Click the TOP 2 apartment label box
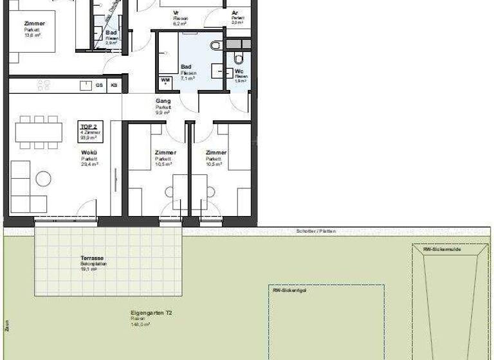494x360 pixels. click(88, 130)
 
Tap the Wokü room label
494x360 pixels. click(89, 152)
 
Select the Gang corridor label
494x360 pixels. click(162, 102)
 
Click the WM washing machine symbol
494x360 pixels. click(165, 81)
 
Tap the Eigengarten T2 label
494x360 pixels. click(142, 312)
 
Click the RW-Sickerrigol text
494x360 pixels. click(289, 290)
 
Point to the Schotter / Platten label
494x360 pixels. click(315, 231)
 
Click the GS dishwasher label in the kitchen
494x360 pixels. click(99, 84)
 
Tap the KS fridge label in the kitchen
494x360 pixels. click(114, 84)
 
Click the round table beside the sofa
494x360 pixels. click(43, 179)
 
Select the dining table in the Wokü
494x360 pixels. click(39, 132)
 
